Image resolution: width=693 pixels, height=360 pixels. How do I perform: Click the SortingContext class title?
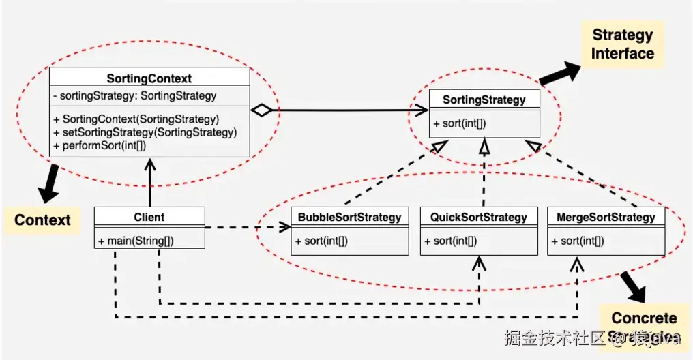149,79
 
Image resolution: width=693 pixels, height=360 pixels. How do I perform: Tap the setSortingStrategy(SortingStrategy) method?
145,132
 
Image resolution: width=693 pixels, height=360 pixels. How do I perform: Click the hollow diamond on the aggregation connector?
261,109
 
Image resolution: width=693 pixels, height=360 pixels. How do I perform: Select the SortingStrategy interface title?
484,100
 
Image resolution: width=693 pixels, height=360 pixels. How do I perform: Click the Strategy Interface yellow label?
622,44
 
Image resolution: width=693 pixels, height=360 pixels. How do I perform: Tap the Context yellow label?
42,220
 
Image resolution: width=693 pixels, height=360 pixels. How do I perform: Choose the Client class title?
149,217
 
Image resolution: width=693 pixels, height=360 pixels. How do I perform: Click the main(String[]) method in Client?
136,241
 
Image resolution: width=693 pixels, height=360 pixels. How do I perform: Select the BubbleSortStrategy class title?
349,217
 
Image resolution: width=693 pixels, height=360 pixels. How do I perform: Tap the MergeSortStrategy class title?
606,217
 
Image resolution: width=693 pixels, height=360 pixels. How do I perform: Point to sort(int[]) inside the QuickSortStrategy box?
450,241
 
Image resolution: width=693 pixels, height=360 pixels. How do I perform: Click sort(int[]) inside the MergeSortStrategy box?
578,241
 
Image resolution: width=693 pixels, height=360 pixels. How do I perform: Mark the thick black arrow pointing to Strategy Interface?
561,72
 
